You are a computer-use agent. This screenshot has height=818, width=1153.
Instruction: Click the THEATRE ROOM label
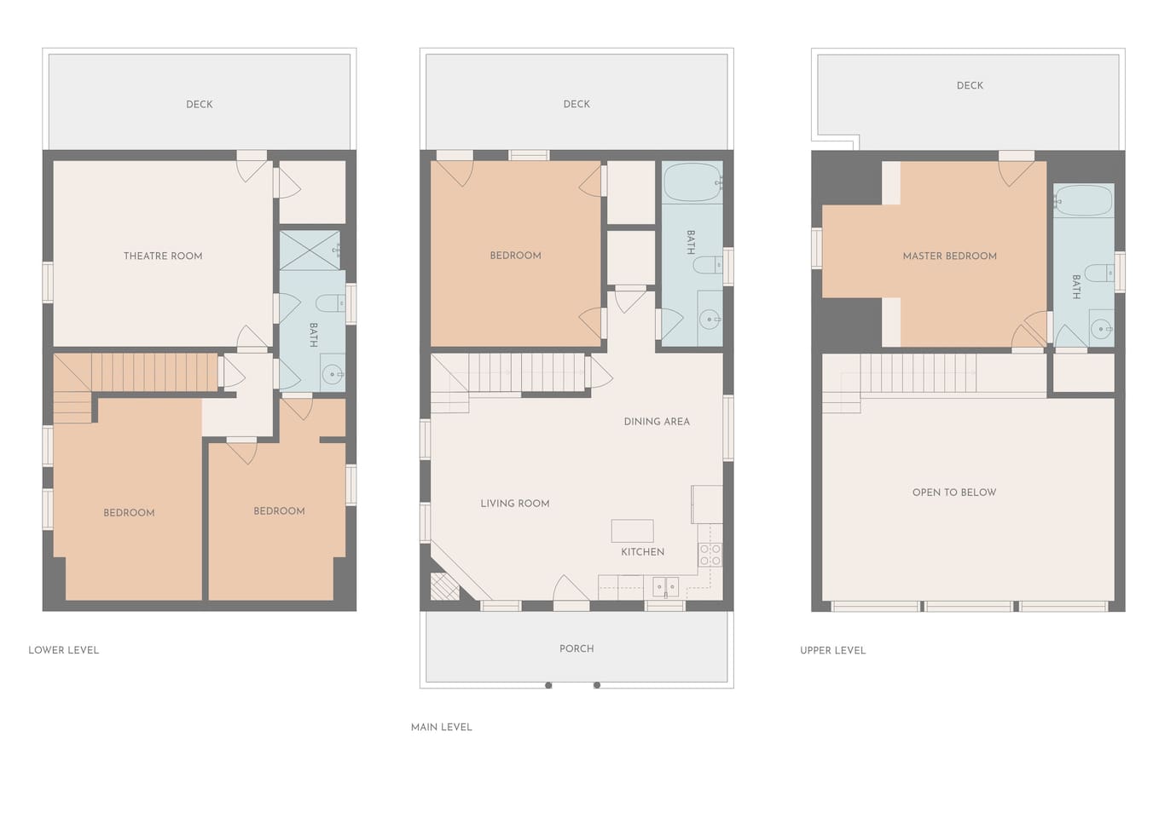point(163,256)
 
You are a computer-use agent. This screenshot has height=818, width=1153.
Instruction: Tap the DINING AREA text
point(657,422)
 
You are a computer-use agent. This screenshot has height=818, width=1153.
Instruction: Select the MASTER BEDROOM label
point(950,256)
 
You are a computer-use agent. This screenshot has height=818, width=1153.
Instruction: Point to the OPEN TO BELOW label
point(954,493)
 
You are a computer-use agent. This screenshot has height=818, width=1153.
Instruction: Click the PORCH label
point(576,648)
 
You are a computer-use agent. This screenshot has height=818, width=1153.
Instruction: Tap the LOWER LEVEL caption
point(63,650)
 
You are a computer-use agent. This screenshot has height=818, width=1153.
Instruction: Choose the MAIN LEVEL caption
point(441,728)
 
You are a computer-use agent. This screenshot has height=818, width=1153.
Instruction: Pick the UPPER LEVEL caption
point(833,651)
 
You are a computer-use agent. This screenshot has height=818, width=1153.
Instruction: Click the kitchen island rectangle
point(632,531)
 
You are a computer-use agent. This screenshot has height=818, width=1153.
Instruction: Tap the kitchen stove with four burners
point(710,556)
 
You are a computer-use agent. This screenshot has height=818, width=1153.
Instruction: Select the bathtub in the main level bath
point(692,182)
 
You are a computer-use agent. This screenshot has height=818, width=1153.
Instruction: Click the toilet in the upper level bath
point(1098,273)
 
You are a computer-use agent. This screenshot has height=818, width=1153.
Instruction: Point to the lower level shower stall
point(310,251)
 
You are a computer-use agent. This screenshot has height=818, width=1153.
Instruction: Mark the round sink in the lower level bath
point(332,374)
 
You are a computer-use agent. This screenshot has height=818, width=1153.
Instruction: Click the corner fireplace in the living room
point(444,586)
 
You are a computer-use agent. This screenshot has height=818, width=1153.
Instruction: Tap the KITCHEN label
point(642,552)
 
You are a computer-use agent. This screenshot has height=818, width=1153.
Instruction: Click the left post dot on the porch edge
point(548,685)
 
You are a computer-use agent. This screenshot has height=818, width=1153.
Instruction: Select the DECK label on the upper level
point(970,86)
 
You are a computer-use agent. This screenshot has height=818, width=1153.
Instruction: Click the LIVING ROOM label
point(515,504)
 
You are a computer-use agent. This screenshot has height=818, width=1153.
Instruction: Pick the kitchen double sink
point(665,587)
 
